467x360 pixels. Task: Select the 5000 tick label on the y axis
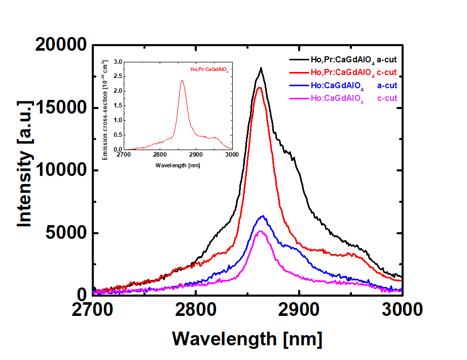[x=66, y=233]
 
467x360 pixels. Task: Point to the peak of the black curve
[x=261, y=68]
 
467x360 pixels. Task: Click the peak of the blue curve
[x=262, y=216]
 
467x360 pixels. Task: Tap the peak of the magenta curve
[x=261, y=231]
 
